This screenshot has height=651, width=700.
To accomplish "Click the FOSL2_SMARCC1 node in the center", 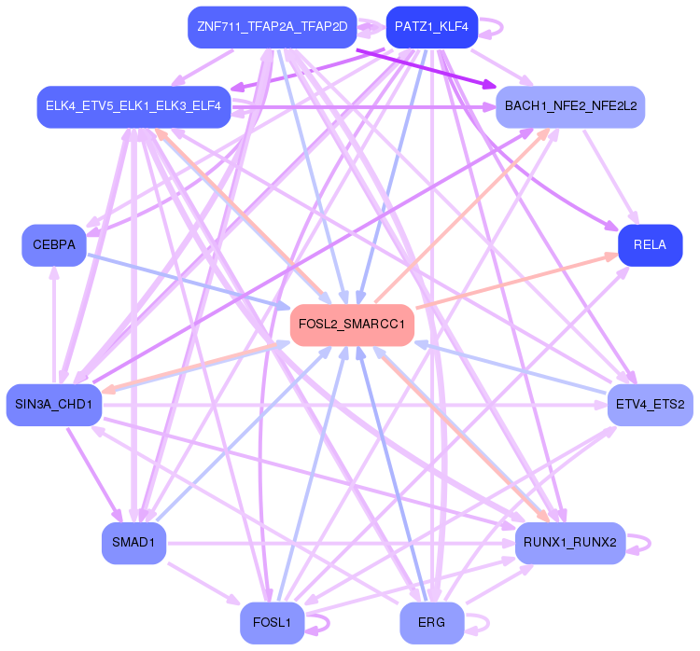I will click(x=352, y=325).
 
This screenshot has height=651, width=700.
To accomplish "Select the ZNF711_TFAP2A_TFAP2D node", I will click(x=272, y=27).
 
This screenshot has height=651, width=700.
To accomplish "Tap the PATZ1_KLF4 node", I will click(x=431, y=27).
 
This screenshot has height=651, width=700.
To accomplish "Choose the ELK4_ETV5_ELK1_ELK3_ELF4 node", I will click(x=133, y=106).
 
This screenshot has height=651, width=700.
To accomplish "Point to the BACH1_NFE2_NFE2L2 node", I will click(x=570, y=106).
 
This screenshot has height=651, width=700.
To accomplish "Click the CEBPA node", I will click(x=54, y=245).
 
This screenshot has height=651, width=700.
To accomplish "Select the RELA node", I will click(x=650, y=245).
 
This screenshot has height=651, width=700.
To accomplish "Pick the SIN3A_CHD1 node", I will click(x=53, y=404).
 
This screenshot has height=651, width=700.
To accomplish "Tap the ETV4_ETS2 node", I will click(x=651, y=404).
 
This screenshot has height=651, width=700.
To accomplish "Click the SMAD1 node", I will click(x=133, y=543).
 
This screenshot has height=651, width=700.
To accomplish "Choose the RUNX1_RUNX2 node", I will click(x=569, y=543).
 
